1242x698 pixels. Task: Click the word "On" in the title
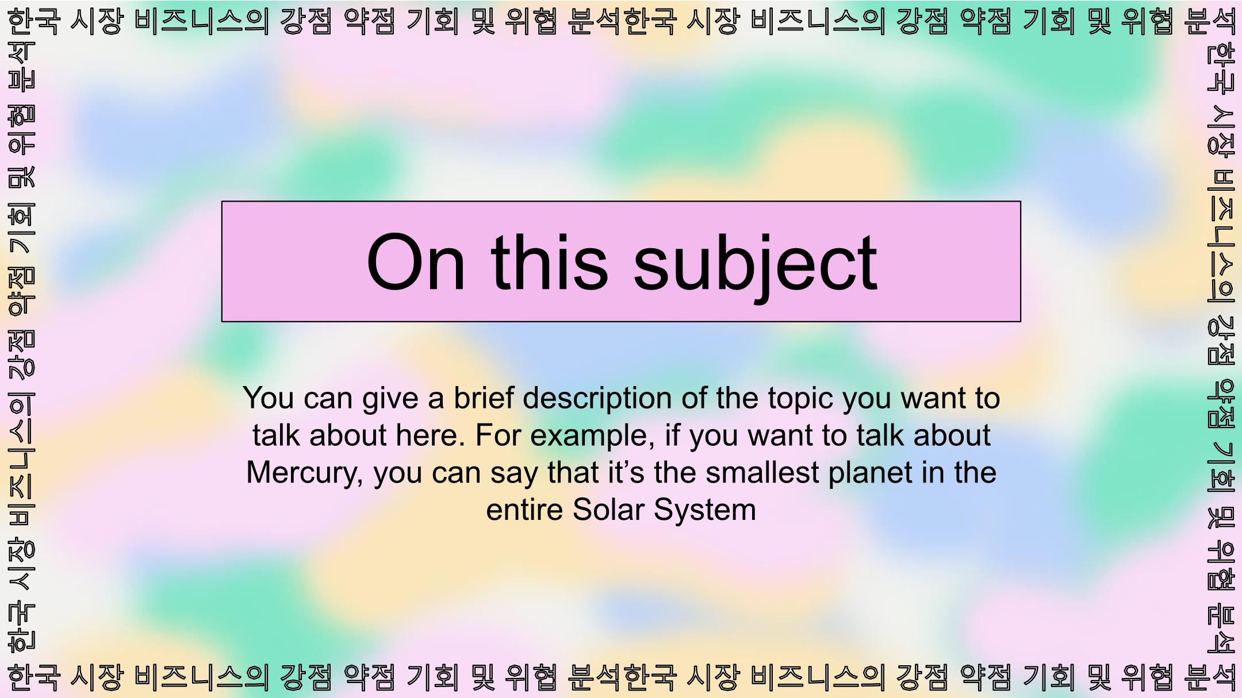pos(415,262)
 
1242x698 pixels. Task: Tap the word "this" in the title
pos(550,262)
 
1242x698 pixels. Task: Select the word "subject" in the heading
pos(755,267)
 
